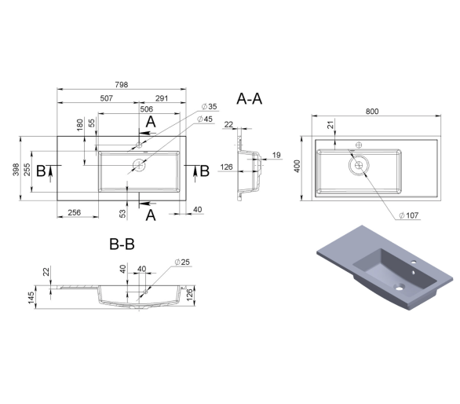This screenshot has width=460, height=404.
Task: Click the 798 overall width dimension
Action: [x=122, y=85]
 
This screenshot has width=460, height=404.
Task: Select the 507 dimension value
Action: [x=107, y=98]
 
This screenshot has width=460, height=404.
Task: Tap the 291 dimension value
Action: [x=162, y=98]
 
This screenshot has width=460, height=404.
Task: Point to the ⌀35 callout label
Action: [x=210, y=106]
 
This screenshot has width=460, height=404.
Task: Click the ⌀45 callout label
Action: [x=205, y=119]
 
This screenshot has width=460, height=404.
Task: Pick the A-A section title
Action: [x=250, y=99]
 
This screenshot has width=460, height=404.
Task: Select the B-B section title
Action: [x=122, y=244]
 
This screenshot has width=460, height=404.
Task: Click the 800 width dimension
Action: [x=372, y=112]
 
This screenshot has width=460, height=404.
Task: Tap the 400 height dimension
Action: [x=297, y=167]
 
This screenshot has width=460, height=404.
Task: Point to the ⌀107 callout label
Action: [x=409, y=215]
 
